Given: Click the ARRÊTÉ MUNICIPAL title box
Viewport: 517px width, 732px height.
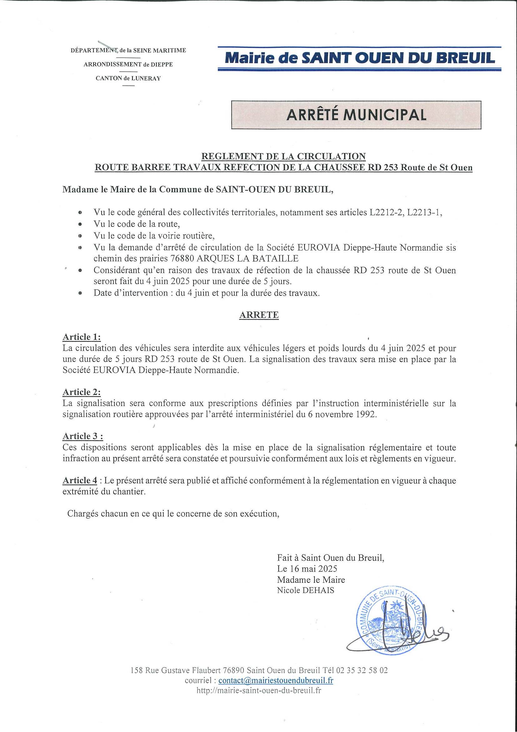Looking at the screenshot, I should coord(356,115).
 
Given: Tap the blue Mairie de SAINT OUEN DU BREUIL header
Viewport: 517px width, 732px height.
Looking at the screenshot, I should coord(360,58).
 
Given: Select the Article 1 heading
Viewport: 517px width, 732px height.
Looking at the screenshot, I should coord(82,337).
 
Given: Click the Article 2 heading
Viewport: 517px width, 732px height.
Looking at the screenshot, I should coord(82,392).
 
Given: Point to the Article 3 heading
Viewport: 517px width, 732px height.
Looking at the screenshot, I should coord(83,436).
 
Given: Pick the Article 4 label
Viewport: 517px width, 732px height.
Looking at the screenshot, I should coord(80,480).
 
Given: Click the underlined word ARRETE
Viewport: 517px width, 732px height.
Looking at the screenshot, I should coord(259,315).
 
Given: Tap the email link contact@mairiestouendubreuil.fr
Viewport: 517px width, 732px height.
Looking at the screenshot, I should coord(276,680).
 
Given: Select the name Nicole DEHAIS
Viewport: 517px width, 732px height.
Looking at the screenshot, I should coord(305,590).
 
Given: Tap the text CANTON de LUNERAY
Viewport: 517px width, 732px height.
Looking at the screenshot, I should coord(128,78).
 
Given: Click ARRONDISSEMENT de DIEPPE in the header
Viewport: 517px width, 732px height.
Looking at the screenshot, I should coord(128,64).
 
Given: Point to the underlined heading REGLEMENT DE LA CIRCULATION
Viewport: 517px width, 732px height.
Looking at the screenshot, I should coord(284,156).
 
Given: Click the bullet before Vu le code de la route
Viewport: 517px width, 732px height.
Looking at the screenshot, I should coord(80,224).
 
